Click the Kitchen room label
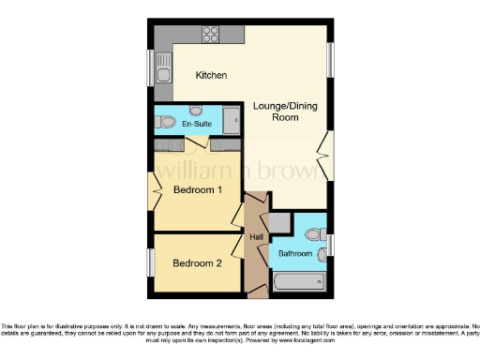(x=211, y=75)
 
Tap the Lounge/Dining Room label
(x=284, y=112)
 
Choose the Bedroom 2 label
(x=197, y=263)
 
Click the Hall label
(x=256, y=237)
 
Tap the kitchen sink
(x=165, y=75)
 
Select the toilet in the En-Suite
(x=166, y=122)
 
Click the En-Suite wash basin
(x=196, y=111)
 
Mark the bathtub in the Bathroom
(x=297, y=280)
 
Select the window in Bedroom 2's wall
(x=149, y=262)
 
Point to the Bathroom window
(x=331, y=246)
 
